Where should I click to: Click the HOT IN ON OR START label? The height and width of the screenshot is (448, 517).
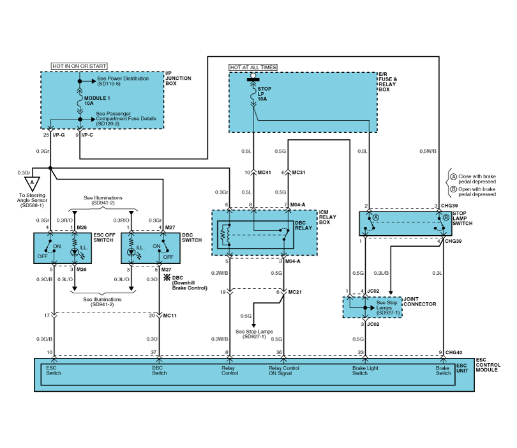click(79, 66)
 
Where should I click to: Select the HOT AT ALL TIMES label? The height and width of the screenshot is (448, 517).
click(253, 67)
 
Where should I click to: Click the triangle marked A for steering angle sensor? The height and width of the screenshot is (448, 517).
click(32, 184)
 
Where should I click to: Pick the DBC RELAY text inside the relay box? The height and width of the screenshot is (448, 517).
click(304, 224)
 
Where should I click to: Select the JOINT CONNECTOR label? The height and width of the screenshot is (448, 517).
click(420, 301)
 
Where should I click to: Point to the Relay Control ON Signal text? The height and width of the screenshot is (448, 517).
click(283, 371)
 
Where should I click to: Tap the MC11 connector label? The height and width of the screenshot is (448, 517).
click(170, 316)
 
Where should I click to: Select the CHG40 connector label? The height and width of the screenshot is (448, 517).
click(453, 352)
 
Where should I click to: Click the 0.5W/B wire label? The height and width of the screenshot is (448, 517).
click(428, 151)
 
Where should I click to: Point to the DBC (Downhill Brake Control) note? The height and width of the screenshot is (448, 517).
click(190, 283)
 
